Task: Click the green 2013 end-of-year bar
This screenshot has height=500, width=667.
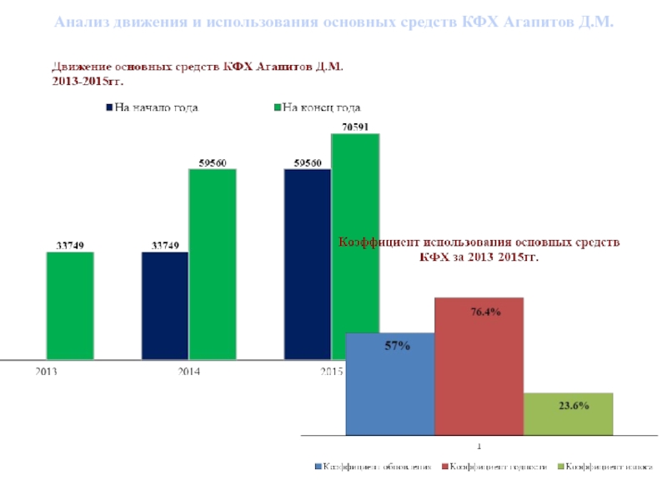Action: click(x=70, y=305)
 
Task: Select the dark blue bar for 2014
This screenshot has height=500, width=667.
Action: click(x=165, y=305)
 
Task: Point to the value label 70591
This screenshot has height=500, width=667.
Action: click(x=356, y=127)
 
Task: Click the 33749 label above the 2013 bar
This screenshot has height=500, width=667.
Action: click(x=70, y=245)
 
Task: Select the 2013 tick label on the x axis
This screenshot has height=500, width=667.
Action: click(x=47, y=372)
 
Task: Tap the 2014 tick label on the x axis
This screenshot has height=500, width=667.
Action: click(x=189, y=372)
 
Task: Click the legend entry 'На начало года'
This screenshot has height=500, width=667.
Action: click(x=155, y=107)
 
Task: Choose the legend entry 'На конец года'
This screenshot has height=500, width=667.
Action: click(x=321, y=107)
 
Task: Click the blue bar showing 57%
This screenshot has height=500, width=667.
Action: click(x=390, y=383)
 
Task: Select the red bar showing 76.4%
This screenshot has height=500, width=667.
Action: click(x=479, y=367)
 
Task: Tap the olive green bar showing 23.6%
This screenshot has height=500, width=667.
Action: click(x=569, y=413)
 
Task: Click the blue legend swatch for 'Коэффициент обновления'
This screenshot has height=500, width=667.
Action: click(x=318, y=467)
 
